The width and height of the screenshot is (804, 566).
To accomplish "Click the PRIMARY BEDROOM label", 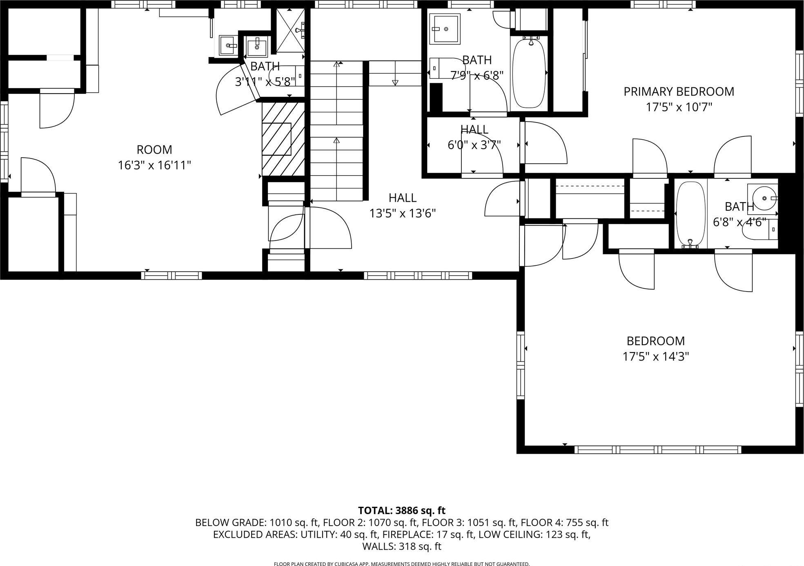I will coord(679,91).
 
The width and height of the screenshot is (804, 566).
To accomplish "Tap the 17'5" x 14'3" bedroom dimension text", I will coord(655,357).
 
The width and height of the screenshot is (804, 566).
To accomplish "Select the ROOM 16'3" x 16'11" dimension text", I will coord(154,165).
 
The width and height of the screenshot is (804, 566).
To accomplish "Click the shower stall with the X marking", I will coord(290,30).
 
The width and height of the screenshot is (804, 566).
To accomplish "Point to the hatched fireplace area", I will coord(283,139).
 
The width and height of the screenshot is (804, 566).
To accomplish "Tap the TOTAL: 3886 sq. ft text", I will coord(401,510).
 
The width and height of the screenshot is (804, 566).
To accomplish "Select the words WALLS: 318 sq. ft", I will coord(401,546).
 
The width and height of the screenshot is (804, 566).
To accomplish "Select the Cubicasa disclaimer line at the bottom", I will coord(401,564).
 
